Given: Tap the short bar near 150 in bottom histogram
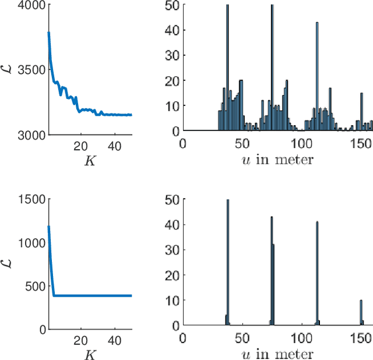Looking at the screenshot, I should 361,312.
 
